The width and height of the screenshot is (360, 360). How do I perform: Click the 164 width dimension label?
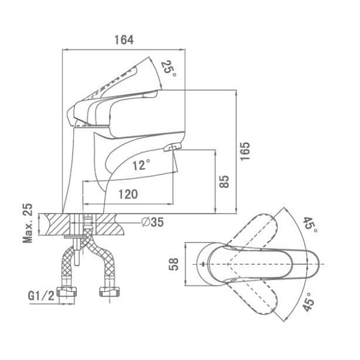[124, 40]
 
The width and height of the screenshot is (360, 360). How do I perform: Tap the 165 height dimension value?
[245, 151]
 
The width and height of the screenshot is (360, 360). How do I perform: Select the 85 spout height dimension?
[224, 182]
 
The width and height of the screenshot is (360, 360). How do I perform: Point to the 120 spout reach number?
[128, 194]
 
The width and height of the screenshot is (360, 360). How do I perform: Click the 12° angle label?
[141, 164]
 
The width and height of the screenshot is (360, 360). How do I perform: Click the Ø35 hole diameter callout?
[152, 222]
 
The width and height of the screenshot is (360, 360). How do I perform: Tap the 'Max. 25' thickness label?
[28, 223]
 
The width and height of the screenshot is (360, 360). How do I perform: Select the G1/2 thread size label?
[41, 296]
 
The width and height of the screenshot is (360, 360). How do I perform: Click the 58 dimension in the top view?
[174, 264]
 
